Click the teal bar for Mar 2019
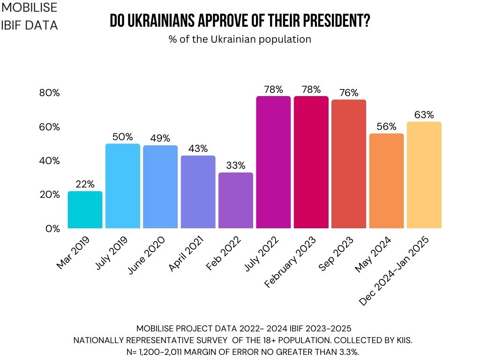click(x=85, y=210)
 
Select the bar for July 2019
click(x=123, y=186)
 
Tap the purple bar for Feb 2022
click(x=236, y=201)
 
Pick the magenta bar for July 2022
click(x=273, y=162)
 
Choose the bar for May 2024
click(x=386, y=181)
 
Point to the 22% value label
click(x=85, y=185)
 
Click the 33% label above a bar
click(x=236, y=165)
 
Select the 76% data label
click(x=349, y=93)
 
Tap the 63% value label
click(x=424, y=115)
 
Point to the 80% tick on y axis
click(x=49, y=93)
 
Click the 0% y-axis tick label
click(x=52, y=229)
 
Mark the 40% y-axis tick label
click(x=49, y=161)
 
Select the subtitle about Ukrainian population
click(x=240, y=39)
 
